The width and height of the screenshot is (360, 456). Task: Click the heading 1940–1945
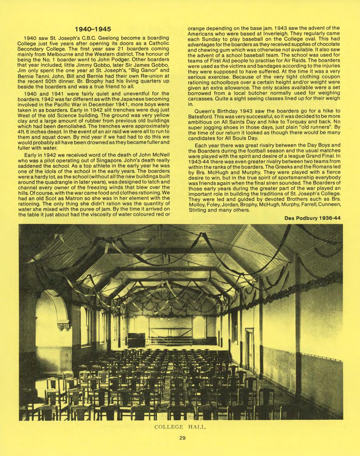pyautogui.click(x=93, y=29)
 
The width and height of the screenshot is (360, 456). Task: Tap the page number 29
pyautogui.click(x=182, y=438)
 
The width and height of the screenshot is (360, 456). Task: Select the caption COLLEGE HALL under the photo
pyautogui.click(x=180, y=427)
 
